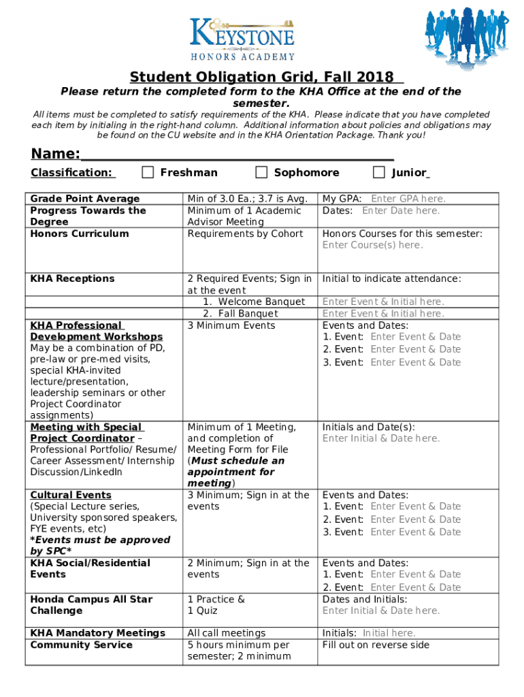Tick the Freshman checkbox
point(148,172)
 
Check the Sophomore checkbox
point(261,172)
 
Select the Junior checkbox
point(379,172)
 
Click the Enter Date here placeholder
point(401,210)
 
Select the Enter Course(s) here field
point(372,245)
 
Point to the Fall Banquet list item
point(248,314)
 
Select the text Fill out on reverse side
point(376,645)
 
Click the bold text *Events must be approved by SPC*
point(100,545)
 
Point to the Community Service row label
point(81,645)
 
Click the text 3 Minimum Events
point(231,325)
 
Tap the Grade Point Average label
point(85,199)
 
